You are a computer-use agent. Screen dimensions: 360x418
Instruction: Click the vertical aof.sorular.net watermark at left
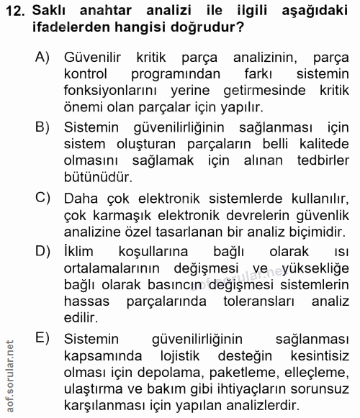pos(9,371)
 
